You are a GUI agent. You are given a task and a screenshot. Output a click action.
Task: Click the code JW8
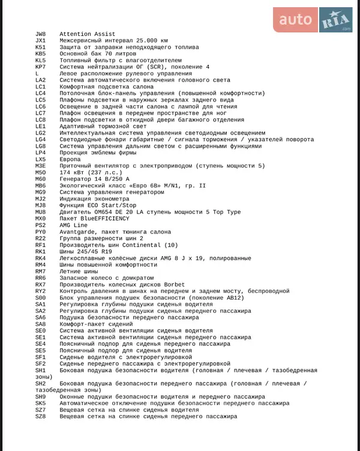[40, 34]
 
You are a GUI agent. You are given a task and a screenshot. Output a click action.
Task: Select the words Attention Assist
[88, 34]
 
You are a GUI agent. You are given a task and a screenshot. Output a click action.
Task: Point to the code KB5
[40, 54]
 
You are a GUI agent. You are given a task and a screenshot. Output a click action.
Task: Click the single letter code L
[37, 73]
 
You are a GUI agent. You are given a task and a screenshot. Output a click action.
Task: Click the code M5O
[40, 172]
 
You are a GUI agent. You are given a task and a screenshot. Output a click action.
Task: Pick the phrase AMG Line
[73, 225]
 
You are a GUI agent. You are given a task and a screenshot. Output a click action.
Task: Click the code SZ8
[40, 417]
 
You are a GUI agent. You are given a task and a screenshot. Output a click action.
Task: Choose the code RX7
[40, 285]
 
